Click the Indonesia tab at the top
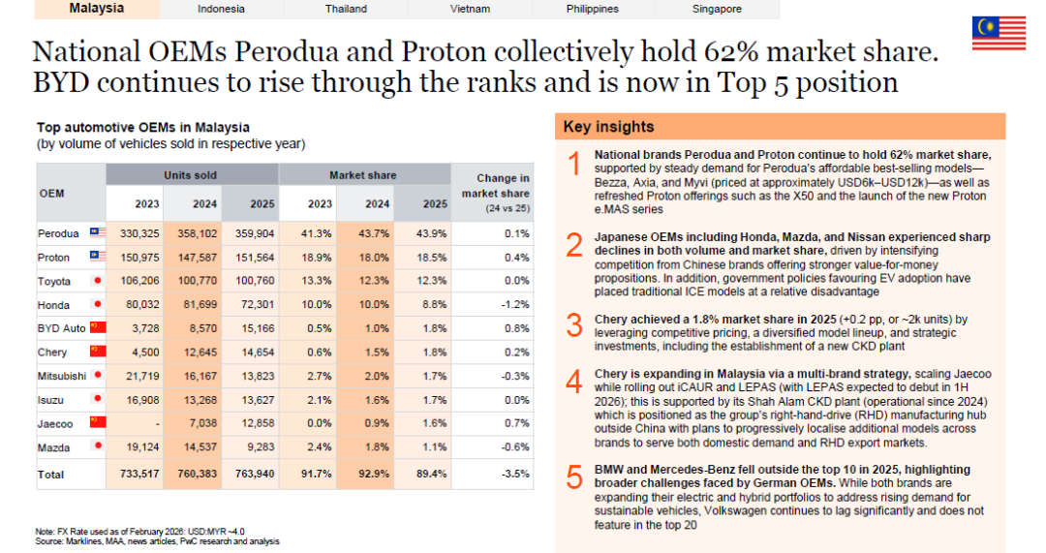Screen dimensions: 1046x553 tap(221, 10)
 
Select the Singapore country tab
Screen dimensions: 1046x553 tap(717, 10)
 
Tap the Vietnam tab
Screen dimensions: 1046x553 tap(470, 10)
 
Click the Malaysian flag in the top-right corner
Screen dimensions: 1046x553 tap(999, 33)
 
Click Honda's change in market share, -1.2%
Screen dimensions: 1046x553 tap(515, 304)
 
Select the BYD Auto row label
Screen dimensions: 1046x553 tap(61, 328)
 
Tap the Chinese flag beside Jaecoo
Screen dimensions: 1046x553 tap(98, 422)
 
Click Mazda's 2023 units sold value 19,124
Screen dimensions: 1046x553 tap(139, 446)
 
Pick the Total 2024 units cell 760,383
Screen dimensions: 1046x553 tap(197, 474)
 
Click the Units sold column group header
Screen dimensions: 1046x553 tap(192, 174)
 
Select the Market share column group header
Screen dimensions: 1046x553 tap(363, 174)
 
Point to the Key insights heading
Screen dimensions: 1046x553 tap(608, 127)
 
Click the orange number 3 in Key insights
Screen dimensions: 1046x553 tap(574, 326)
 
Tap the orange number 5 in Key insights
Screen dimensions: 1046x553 tap(574, 476)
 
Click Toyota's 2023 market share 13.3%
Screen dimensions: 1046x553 tap(316, 281)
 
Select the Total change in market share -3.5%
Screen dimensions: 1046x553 tap(515, 474)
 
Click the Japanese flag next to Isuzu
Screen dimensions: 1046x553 tap(98, 399)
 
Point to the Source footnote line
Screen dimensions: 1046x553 tap(158, 541)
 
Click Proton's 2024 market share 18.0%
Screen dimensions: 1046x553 tap(374, 258)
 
